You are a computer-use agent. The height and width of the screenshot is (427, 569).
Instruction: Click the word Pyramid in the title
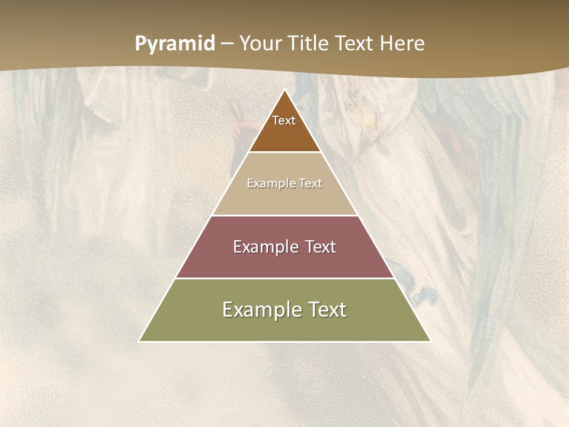click(x=175, y=44)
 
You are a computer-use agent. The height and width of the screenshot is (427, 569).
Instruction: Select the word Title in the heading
click(x=309, y=44)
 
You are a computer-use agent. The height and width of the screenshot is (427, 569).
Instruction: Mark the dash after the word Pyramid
click(x=227, y=44)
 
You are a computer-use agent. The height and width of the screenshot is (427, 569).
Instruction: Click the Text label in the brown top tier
click(x=284, y=120)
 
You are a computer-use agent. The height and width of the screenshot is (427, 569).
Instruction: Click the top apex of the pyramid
click(x=284, y=90)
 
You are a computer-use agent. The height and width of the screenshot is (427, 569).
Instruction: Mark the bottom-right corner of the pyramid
click(x=430, y=341)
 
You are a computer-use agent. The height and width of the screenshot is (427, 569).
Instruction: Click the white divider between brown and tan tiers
click(x=284, y=152)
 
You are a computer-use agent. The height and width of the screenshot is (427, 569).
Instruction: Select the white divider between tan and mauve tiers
click(x=284, y=215)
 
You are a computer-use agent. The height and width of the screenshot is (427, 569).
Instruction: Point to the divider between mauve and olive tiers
click(x=284, y=278)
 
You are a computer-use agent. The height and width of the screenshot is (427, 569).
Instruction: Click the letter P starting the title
click(x=140, y=44)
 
